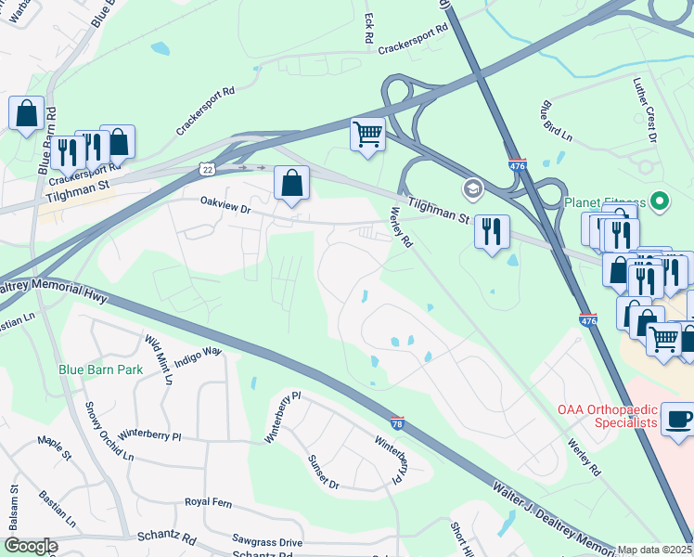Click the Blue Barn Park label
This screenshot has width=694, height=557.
tap(100, 369)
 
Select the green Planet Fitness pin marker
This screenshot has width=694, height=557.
tap(660, 201)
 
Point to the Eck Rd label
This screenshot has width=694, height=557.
tap(368, 28)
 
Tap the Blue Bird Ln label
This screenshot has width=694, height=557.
tap(554, 123)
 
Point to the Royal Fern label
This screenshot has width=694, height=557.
tap(209, 502)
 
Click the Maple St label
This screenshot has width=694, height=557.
tap(54, 447)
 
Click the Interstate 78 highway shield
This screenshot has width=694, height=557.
tap(397, 421)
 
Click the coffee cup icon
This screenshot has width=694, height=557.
tap(679, 420)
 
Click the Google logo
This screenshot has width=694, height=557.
tap(31, 546)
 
